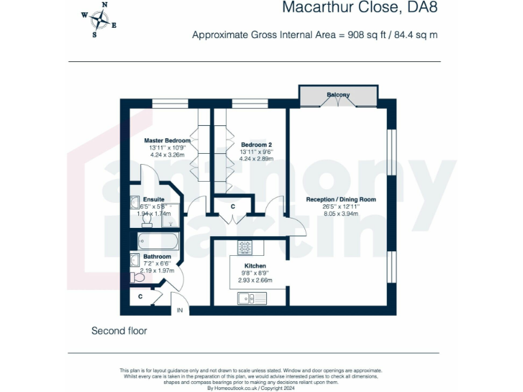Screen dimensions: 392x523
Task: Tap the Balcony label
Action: [338, 95]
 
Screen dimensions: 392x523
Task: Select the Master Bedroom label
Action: [167, 140]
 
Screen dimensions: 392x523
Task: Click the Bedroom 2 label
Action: [256, 145]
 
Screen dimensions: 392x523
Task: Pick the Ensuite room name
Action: [153, 199]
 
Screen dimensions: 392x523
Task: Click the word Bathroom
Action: [157, 257]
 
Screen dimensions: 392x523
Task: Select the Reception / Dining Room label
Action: [340, 199]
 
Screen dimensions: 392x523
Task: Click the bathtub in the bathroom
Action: [158, 241]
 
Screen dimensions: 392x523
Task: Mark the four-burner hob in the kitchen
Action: [244, 246]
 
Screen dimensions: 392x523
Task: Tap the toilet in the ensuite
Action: [146, 220]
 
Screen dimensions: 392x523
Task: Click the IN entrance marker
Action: [180, 310]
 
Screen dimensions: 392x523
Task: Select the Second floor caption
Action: [119, 331]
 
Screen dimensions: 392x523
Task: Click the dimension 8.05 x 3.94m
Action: [340, 213]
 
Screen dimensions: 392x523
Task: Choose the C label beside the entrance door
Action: [140, 297]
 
